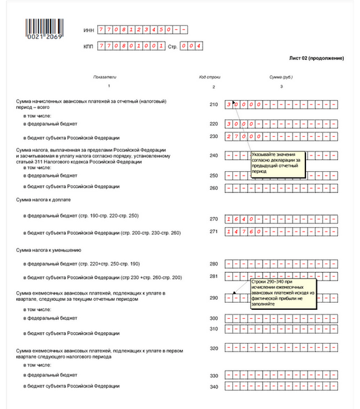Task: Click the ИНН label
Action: pos(88,29)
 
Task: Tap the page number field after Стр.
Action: pos(192,46)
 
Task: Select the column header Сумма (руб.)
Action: pos(281,77)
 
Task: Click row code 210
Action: pos(214,105)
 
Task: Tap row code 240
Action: pos(214,156)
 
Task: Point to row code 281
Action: pos(214,276)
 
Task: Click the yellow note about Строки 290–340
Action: pos(282,293)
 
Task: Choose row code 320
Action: pos(214,348)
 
